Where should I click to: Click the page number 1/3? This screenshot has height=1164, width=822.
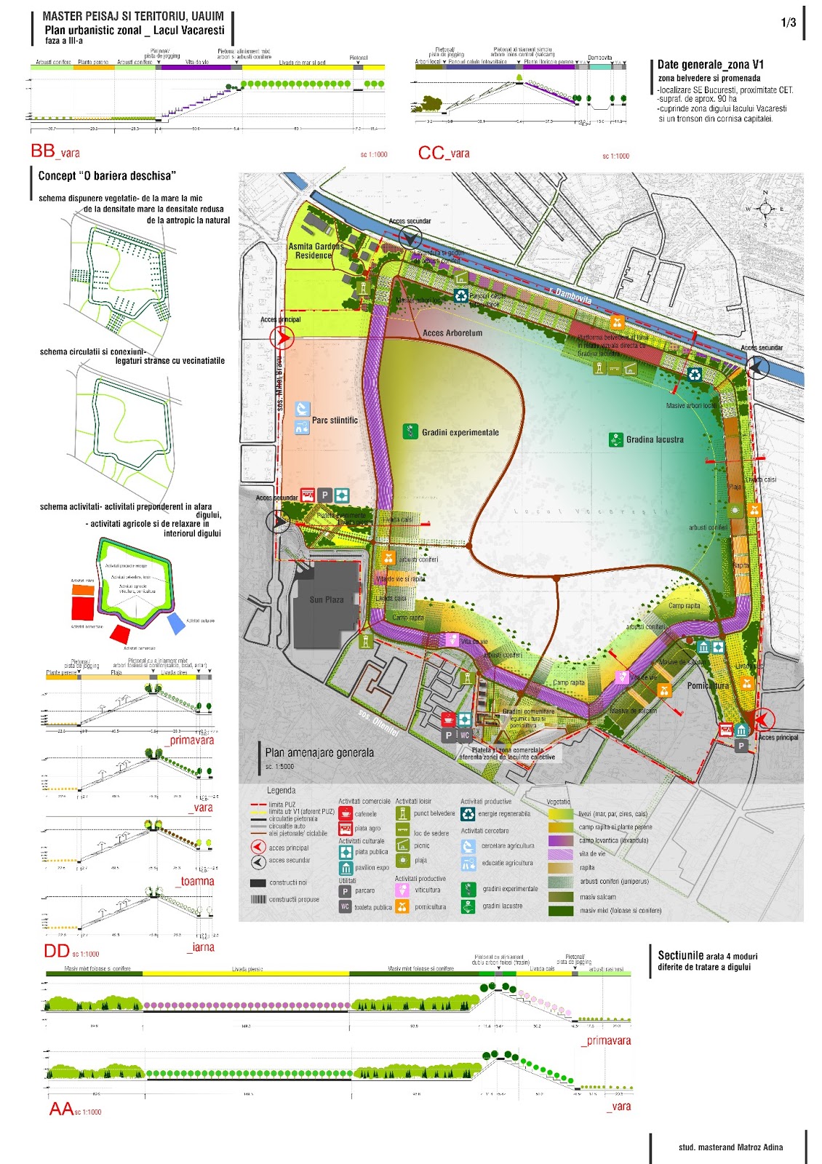point(789,23)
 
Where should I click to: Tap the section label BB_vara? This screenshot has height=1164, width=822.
point(55,151)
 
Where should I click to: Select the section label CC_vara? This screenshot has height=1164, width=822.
point(444,153)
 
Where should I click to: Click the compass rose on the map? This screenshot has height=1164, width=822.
point(765,209)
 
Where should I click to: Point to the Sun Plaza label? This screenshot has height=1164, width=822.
point(327,599)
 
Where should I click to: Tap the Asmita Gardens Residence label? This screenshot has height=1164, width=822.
point(315,251)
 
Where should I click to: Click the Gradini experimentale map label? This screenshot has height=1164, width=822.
point(460,432)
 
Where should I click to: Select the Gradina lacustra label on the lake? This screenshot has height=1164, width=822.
point(655,439)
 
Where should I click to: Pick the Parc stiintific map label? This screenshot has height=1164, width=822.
point(335,420)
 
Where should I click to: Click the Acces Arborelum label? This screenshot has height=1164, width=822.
point(452,333)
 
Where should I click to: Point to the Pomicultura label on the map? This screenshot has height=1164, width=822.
point(708,685)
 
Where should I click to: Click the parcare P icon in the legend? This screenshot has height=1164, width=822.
point(346,891)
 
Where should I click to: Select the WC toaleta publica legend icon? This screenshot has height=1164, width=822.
point(346,907)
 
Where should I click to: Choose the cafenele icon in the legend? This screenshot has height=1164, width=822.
point(346,814)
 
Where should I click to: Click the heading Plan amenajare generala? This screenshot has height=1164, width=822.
point(319,752)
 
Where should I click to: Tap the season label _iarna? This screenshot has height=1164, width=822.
point(200,947)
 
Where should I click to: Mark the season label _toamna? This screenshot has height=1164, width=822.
point(196,881)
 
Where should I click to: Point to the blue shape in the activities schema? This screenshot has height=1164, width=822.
point(176,623)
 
